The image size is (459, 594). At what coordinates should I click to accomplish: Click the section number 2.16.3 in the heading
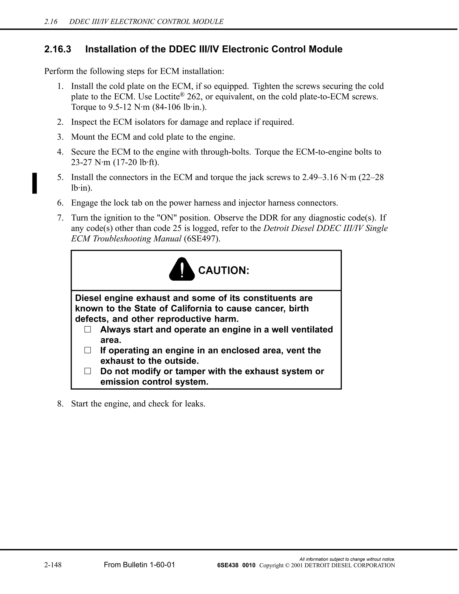pyautogui.click(x=58, y=49)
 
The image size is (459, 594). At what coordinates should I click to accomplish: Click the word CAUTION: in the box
pyautogui.click(x=223, y=270)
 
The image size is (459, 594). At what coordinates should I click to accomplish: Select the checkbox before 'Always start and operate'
pyautogui.click(x=88, y=329)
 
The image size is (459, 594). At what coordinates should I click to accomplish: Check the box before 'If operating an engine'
pyautogui.click(x=88, y=350)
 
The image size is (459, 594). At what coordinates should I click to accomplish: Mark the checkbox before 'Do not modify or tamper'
pyautogui.click(x=88, y=371)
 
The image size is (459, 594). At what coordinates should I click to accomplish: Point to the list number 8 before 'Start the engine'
pyautogui.click(x=60, y=404)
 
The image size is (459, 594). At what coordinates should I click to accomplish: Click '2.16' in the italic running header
pyautogui.click(x=51, y=22)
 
